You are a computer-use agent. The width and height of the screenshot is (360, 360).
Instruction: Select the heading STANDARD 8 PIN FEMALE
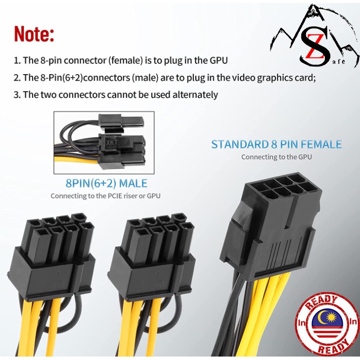tap(276, 144)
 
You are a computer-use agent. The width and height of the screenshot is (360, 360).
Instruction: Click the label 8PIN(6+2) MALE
tap(106, 183)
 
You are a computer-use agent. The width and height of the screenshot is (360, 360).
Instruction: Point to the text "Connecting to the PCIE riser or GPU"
tap(105, 196)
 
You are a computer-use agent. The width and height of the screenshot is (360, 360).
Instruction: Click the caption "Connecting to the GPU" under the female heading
tap(276, 157)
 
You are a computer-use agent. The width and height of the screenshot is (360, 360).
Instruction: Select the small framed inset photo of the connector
tap(104, 142)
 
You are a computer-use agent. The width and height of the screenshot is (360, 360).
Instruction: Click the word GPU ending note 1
tap(219, 61)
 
